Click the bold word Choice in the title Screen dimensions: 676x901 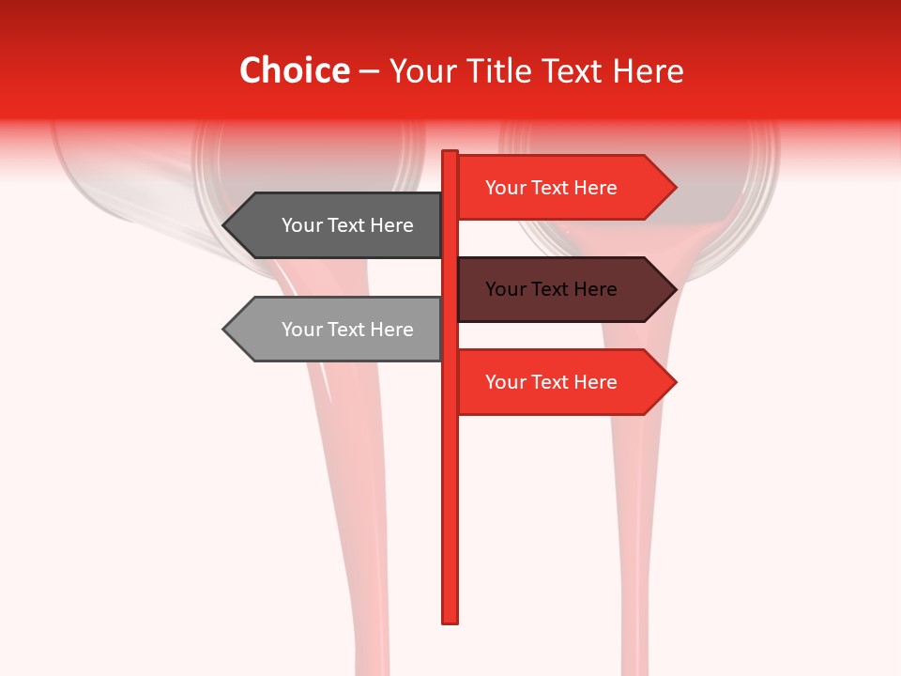coord(294,71)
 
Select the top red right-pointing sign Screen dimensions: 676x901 coord(554,188)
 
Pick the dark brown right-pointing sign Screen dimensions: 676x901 coord(554,289)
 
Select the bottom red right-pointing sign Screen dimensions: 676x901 coord(554,382)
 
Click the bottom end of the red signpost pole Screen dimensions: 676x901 coord(450,620)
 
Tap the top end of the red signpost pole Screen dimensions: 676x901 coord(450,153)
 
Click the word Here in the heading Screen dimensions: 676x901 coord(648,71)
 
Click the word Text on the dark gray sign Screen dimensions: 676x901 coord(348,225)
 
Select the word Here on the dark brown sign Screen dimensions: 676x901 coord(593,289)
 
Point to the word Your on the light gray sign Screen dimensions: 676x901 coord(300,330)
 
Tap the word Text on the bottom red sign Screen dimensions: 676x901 coord(551,382)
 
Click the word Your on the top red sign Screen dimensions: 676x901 coord(505,188)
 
